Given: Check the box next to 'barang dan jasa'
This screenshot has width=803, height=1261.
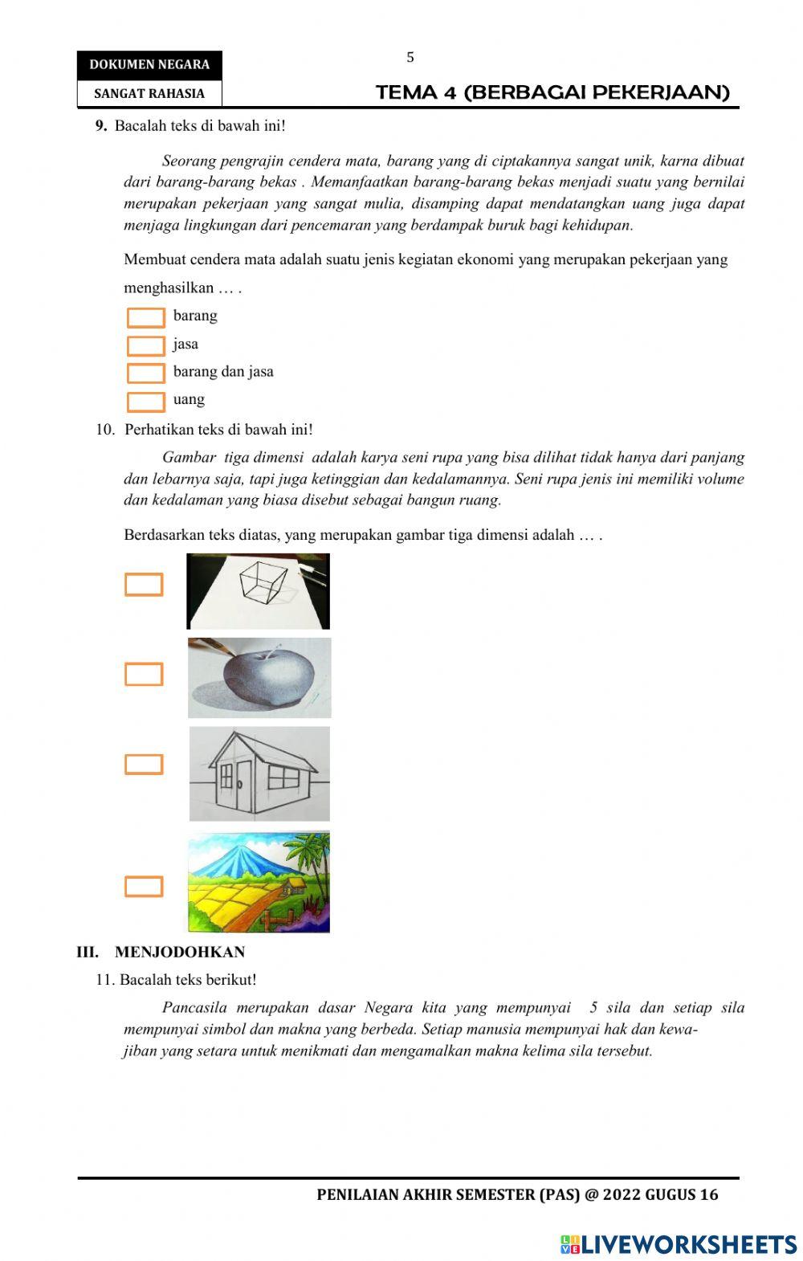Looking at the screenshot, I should point(145,373).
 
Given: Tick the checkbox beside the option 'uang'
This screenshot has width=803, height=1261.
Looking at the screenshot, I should point(145,402).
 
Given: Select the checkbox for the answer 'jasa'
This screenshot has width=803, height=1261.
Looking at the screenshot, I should point(145,346).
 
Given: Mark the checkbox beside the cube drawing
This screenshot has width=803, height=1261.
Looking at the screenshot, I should point(144,585).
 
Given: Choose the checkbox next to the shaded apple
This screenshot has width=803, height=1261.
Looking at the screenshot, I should point(144,675).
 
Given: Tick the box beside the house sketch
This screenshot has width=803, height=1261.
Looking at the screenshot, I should point(144,765).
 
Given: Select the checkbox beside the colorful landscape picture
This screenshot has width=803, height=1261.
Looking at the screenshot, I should point(144,887).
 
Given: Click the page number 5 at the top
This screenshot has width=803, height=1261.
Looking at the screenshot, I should point(410,57).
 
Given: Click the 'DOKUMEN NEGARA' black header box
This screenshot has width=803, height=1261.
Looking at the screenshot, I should point(149,65).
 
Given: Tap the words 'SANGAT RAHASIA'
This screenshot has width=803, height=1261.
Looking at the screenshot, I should point(149,93).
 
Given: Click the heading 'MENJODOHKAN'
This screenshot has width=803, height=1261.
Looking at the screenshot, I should point(180,952).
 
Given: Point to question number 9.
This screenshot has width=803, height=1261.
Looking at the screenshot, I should point(101,125).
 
